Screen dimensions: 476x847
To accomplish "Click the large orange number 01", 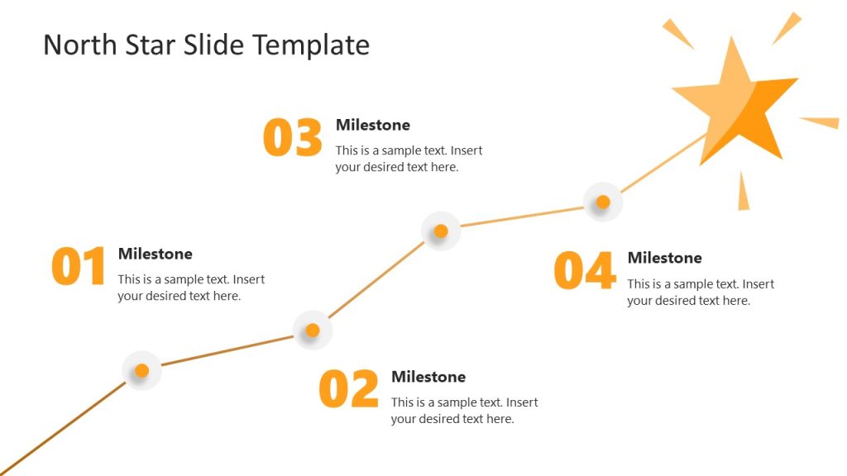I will (79, 266).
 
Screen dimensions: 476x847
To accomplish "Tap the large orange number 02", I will (348, 389).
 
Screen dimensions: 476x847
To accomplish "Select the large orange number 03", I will (292, 138).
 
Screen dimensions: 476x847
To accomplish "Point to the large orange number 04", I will (584, 270).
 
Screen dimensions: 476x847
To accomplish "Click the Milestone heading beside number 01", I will (155, 254).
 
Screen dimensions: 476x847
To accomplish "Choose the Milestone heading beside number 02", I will (428, 377).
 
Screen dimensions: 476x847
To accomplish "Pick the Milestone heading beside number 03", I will (372, 125).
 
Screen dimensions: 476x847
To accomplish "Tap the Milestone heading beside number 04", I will (664, 258).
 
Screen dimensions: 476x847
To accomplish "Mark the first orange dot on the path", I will (141, 370).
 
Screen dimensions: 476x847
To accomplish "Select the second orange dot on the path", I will (312, 331).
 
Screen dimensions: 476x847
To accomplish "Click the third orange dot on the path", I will (441, 231).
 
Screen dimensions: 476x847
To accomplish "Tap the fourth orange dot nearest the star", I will (603, 202).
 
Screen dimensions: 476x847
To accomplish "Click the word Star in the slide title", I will (147, 45).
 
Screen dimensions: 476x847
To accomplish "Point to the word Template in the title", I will (311, 45).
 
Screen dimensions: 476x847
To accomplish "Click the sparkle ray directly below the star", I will (743, 193).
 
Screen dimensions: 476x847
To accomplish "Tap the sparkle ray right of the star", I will (821, 122).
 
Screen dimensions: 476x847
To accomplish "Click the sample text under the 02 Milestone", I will (464, 411).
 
